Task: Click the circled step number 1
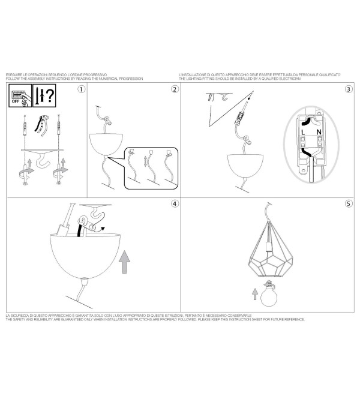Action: (81, 89)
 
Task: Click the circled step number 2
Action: (175, 89)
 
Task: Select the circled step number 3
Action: (349, 89)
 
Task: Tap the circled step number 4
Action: (175, 203)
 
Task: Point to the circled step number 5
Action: (349, 203)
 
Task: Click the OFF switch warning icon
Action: (20, 95)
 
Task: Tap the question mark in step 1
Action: (50, 95)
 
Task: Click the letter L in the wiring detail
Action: (303, 132)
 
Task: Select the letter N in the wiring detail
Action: (319, 132)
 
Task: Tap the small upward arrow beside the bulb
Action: (255, 294)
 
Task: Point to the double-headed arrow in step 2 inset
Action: (145, 161)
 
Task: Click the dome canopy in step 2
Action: (106, 144)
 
